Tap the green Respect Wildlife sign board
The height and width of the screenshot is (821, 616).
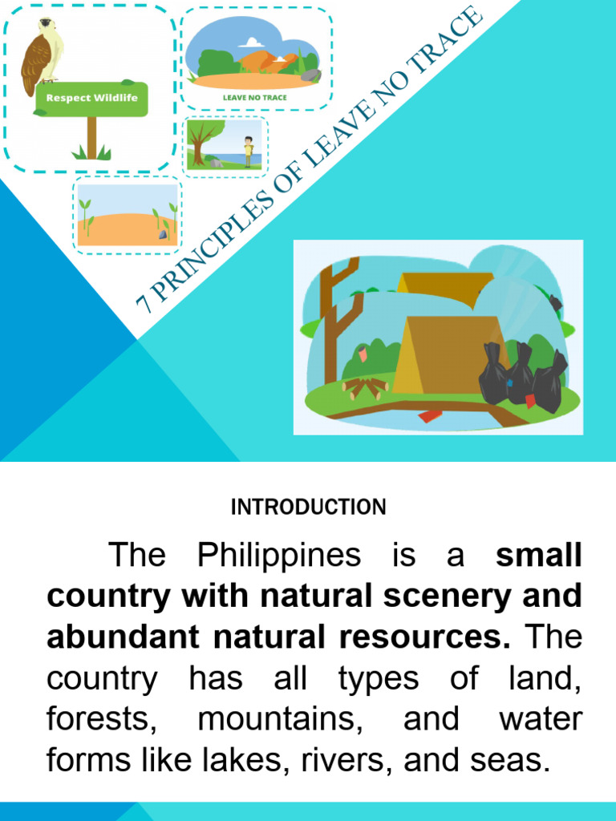(91, 99)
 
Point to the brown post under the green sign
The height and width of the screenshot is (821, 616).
(91, 136)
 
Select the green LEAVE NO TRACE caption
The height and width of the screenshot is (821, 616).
(253, 98)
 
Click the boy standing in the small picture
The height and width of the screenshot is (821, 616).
(248, 151)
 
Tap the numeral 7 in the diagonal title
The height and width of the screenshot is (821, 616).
(144, 302)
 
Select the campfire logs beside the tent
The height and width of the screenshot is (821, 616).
(365, 388)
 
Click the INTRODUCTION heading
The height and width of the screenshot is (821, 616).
(308, 507)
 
